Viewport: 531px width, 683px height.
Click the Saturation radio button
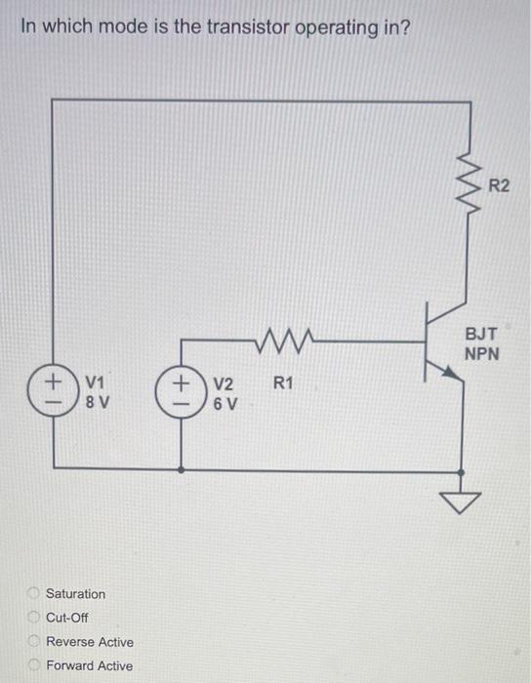[x=32, y=593]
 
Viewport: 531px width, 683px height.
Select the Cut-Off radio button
[x=32, y=618]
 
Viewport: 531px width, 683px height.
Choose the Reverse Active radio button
[x=32, y=642]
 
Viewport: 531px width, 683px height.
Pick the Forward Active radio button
[x=32, y=665]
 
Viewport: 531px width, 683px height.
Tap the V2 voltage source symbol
[x=181, y=388]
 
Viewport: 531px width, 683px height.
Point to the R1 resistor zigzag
[x=285, y=341]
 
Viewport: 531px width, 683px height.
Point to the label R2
[x=499, y=185]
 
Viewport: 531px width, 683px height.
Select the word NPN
[x=482, y=353]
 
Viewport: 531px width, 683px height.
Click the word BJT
[x=481, y=334]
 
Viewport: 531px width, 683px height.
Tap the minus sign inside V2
[x=181, y=400]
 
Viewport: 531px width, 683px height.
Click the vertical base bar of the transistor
[x=427, y=341]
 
